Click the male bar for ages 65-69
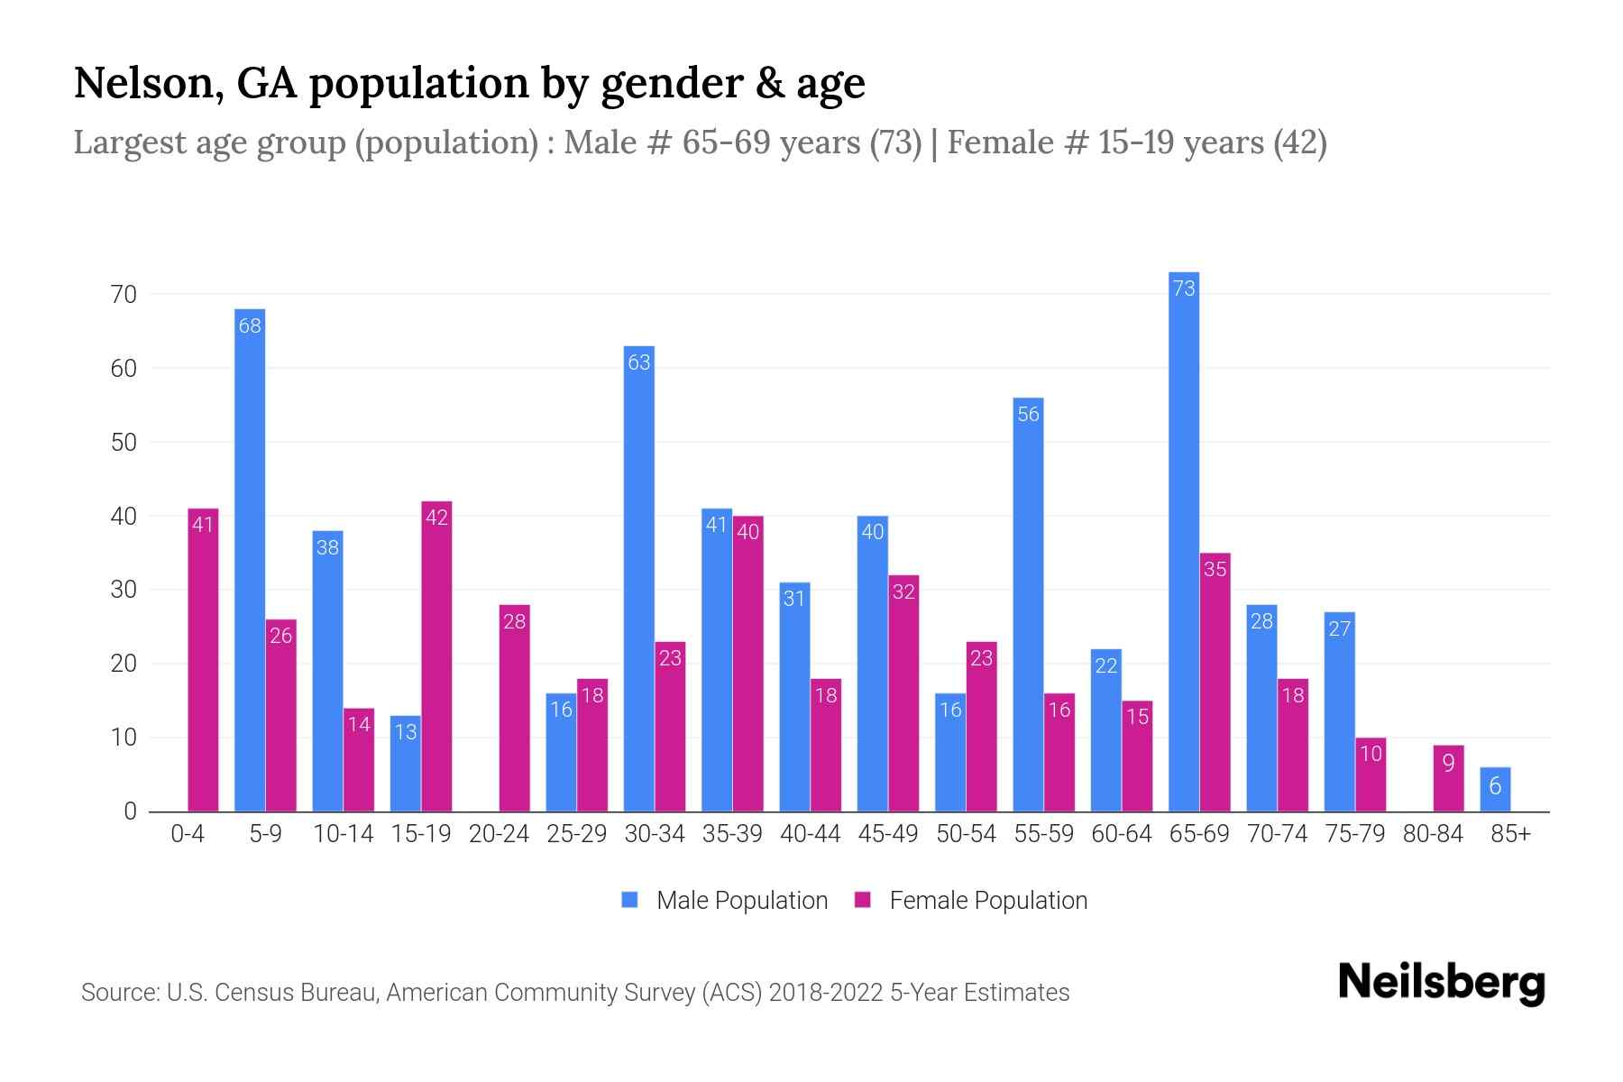pyautogui.click(x=1183, y=541)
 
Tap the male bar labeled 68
pyautogui.click(x=250, y=559)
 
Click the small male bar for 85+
pyautogui.click(x=1495, y=790)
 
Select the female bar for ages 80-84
pyautogui.click(x=1448, y=778)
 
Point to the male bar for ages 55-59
pyautogui.click(x=1028, y=604)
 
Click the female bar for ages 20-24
pyautogui.click(x=514, y=708)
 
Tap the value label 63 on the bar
pyautogui.click(x=638, y=362)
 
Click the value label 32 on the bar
pyautogui.click(x=903, y=591)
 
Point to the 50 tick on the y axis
pyautogui.click(x=124, y=443)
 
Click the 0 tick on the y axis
pyautogui.click(x=130, y=811)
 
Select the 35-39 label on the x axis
pyautogui.click(x=732, y=834)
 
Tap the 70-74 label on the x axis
pyautogui.click(x=1277, y=834)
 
